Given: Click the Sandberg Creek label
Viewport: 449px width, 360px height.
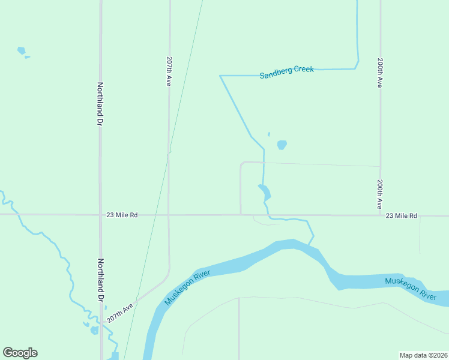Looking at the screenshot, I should coord(287,72).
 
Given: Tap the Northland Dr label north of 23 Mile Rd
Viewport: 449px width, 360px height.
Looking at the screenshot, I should coord(100,104).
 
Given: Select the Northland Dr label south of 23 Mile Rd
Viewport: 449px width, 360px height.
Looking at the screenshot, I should coord(100,280).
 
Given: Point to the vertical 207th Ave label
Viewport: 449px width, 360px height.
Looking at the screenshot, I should coord(169,71).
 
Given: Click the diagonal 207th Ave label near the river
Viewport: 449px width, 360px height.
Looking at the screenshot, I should coord(119,313).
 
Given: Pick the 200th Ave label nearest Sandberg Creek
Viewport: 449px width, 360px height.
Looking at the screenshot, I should coord(380,73).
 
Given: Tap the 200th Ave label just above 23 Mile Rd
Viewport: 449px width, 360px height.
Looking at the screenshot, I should coord(380,193).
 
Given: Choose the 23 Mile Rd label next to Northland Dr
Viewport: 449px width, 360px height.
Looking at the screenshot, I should coord(122,215).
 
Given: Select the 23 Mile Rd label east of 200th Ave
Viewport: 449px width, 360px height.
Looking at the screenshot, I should coord(401,215).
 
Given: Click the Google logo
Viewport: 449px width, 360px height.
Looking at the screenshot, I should coord(20,353).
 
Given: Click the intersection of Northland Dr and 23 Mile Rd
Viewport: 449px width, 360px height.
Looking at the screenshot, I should coord(100,214).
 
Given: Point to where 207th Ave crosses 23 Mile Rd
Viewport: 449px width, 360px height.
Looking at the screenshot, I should coord(169,214).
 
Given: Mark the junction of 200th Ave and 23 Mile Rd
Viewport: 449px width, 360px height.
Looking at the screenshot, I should coord(380,214).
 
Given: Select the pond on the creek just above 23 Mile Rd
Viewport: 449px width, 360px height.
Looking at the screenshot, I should coord(265,193).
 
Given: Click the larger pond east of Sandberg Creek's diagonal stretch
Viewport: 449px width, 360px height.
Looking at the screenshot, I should coord(282,145).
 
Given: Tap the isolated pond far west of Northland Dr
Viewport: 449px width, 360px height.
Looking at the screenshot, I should coord(22,51).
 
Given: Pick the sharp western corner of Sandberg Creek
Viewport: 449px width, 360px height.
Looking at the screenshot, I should coord(220,76).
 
